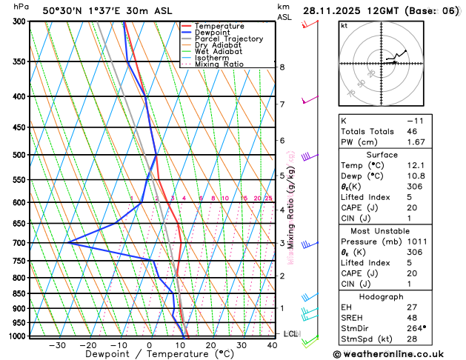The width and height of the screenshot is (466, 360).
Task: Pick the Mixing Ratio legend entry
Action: (219, 64)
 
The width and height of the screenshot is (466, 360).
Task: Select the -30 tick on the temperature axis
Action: (57, 345)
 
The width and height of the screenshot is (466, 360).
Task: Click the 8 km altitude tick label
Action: (282, 67)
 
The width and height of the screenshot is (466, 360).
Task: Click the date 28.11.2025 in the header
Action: (336, 10)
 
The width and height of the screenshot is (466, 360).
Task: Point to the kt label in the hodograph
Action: (344, 26)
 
